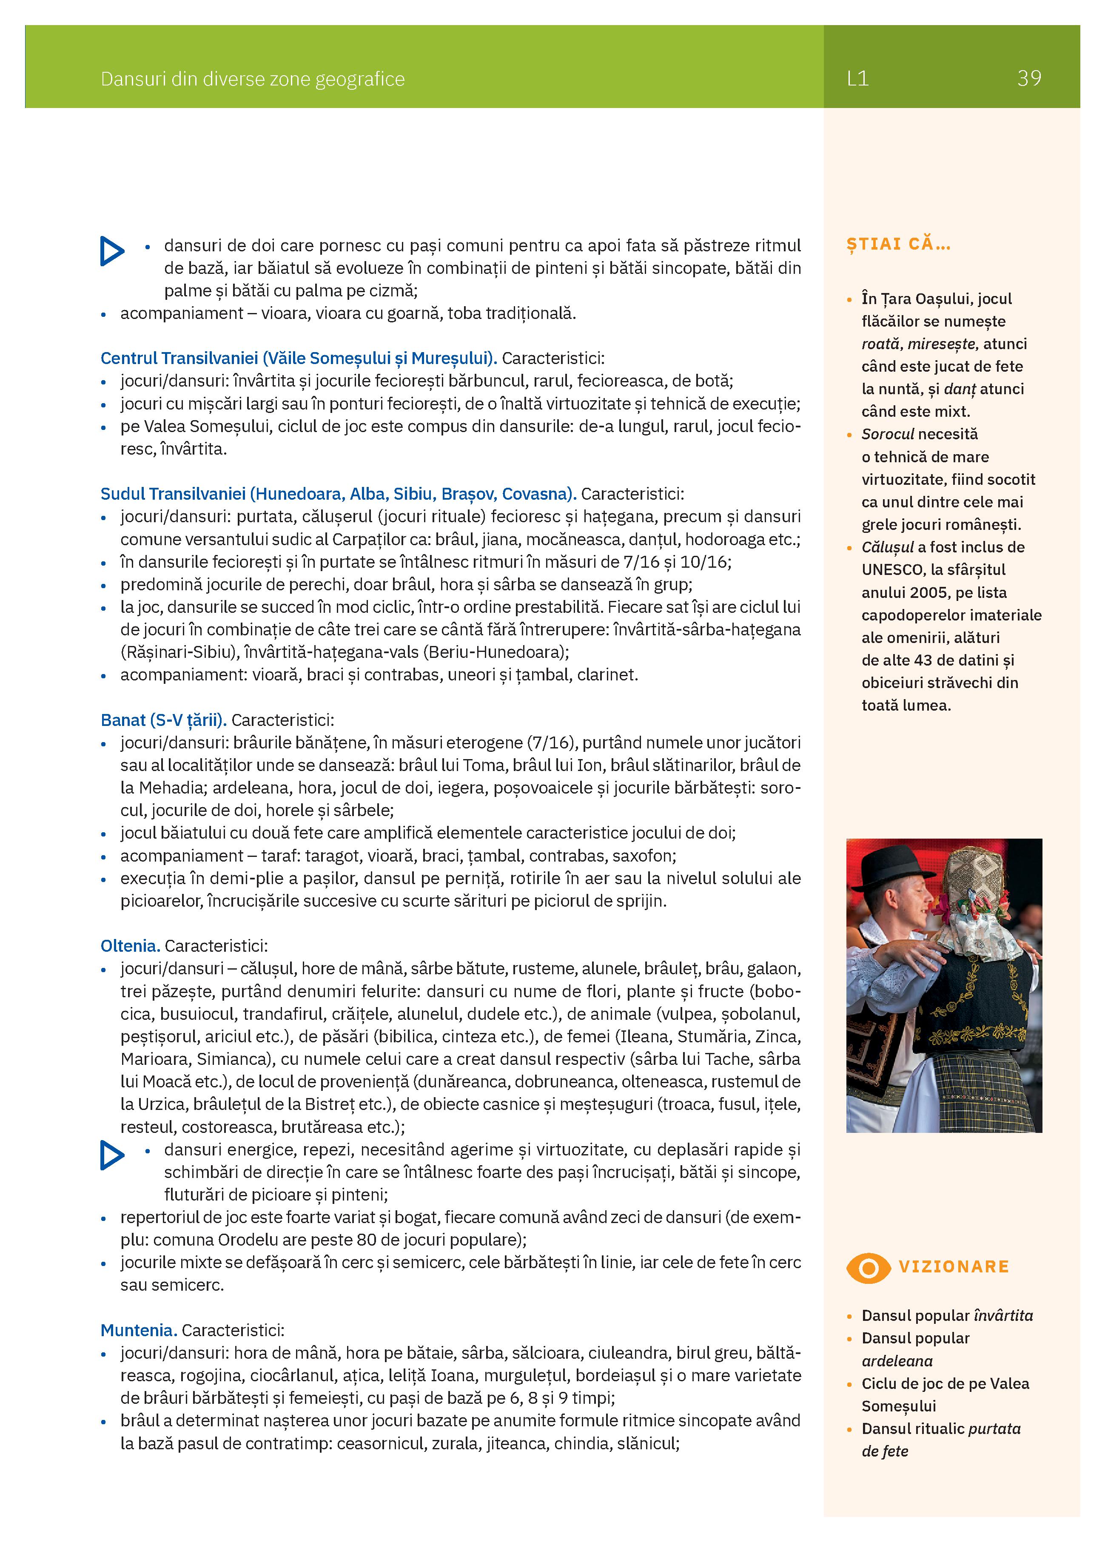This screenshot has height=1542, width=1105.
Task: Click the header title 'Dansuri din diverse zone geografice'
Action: coord(252,80)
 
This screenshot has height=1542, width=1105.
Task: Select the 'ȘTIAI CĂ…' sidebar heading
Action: coord(897,244)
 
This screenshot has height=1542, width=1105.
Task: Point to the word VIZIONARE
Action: coord(953,1266)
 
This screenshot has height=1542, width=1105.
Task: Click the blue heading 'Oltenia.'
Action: coord(130,946)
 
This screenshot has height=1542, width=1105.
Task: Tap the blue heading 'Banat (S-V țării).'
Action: coord(163,720)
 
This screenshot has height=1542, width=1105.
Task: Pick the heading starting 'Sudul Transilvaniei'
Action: coord(338,494)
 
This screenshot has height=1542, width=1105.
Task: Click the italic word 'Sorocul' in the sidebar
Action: coord(887,434)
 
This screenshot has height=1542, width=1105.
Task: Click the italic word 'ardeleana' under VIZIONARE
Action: coord(897,1360)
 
